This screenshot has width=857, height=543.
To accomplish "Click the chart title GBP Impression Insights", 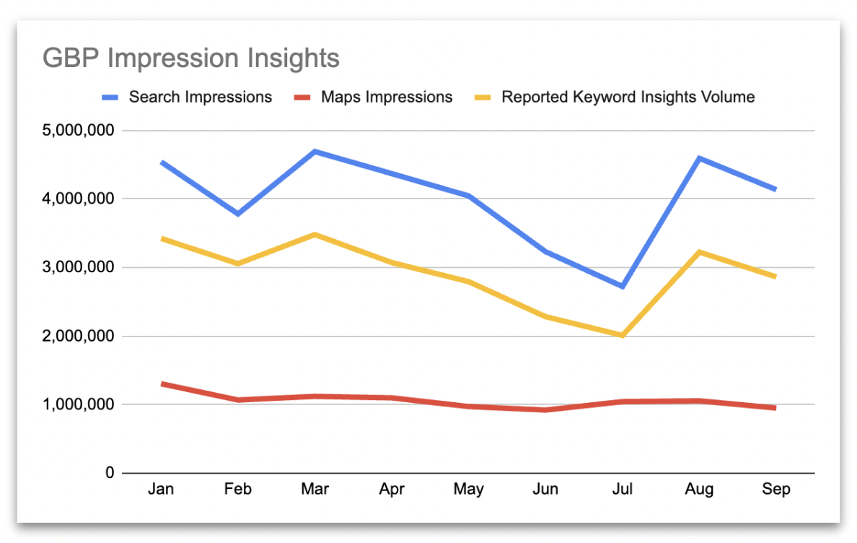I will point(191,58).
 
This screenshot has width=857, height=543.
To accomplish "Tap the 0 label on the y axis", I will point(109,473).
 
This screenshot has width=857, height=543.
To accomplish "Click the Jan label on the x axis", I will point(161,490).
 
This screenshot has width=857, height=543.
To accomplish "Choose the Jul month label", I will point(622,490).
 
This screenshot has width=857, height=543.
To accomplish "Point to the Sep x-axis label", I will point(776,490).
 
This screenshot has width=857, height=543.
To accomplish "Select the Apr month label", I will point(392,490).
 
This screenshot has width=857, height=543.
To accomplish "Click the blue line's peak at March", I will point(315,152).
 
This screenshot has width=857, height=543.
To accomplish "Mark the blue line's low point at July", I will point(622,287).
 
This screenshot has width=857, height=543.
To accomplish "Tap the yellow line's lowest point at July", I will point(622,335).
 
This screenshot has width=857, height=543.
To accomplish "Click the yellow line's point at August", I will point(699,252).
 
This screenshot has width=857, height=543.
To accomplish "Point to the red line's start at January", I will point(162,383).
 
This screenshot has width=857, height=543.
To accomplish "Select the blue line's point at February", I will point(238,214).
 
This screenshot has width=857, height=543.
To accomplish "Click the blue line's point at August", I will point(699,157).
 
